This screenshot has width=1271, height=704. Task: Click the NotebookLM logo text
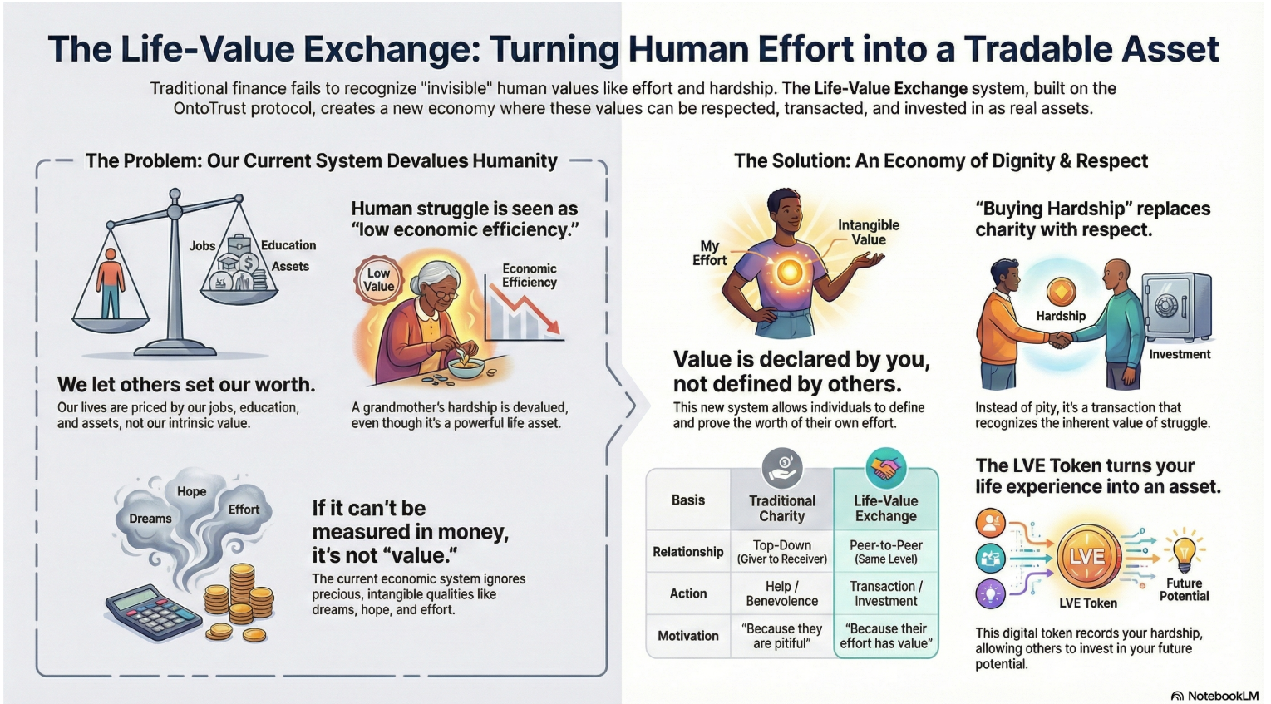coord(1221,696)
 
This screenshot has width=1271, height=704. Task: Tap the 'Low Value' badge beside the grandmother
coord(378,279)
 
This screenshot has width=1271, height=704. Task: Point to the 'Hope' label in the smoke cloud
coord(191,491)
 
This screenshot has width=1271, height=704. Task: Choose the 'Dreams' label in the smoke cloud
coord(150,519)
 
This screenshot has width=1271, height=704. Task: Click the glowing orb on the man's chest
coord(789,270)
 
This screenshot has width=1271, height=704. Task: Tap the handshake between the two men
coord(1060,339)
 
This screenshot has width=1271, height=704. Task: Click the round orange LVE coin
coord(1086,556)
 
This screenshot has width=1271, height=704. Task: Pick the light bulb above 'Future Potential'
coord(1184,549)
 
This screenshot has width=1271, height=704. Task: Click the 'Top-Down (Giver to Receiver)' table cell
coord(781,552)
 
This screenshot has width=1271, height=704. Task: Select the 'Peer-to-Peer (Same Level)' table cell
coord(886,552)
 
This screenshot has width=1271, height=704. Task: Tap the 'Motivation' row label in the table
coord(688,636)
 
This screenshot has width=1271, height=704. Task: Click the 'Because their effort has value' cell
coord(886,636)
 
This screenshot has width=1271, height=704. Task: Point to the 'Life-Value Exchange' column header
coord(886,508)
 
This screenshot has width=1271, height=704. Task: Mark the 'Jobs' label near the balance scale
coord(202,246)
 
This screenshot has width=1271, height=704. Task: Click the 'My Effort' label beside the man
coord(709,253)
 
